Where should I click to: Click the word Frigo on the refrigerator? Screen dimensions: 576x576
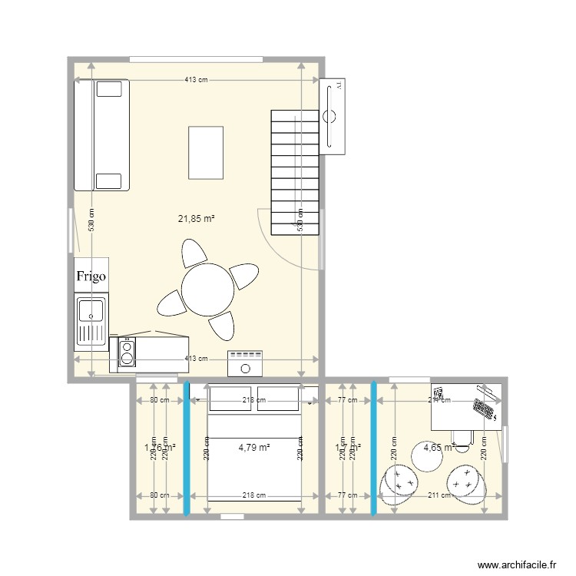point(91,276)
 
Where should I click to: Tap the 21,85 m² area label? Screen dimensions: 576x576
point(196,219)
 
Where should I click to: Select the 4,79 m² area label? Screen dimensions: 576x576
point(253,447)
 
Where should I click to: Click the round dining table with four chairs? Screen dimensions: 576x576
point(208,290)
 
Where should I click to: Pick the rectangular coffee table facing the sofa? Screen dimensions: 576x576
point(206,153)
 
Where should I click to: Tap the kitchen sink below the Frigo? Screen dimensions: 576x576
point(91,321)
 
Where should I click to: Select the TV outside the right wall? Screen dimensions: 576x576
point(333,116)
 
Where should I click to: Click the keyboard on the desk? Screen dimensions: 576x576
point(484,408)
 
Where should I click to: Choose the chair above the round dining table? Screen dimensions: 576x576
point(194,253)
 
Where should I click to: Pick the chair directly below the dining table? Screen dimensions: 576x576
point(222,326)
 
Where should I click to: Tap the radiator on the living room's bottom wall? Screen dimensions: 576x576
point(246,363)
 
